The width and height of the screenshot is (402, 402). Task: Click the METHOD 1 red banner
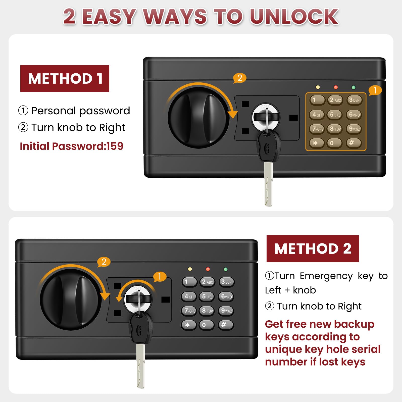65,78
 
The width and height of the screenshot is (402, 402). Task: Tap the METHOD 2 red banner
313,248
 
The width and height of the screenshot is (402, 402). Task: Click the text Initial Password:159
72,146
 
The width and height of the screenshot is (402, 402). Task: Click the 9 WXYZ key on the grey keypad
226,311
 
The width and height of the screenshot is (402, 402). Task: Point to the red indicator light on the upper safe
336,87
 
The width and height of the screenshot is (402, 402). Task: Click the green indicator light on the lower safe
226,269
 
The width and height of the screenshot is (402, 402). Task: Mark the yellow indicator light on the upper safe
318,87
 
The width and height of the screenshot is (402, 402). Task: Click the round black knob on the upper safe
198,118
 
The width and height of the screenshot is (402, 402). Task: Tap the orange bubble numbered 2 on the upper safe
240,78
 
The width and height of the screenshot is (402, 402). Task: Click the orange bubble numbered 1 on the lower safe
160,277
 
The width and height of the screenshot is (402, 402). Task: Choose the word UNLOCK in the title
294,17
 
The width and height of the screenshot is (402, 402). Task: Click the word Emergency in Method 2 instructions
326,276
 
